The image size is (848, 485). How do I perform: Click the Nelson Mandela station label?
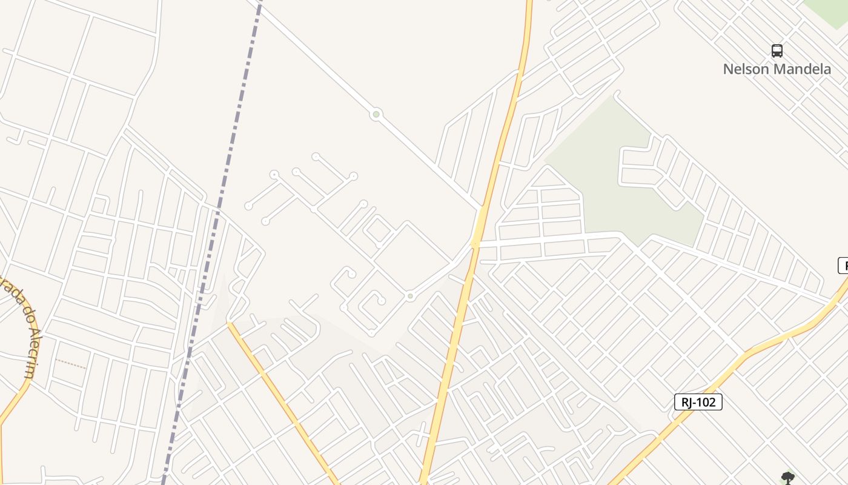[x=777, y=69]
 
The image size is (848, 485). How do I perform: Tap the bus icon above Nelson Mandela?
[x=777, y=51]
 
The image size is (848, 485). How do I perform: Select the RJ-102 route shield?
[x=698, y=402]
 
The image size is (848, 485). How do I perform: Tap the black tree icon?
[x=787, y=478]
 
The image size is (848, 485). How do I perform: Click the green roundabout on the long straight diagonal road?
[x=376, y=114]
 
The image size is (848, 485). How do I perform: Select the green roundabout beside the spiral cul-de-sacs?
[x=411, y=296]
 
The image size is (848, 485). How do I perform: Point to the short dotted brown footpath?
[x=71, y=364]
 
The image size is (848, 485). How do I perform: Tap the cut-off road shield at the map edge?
[x=843, y=266]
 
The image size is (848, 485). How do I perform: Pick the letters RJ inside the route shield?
[x=687, y=402]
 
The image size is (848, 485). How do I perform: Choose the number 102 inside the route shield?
[x=706, y=402]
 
